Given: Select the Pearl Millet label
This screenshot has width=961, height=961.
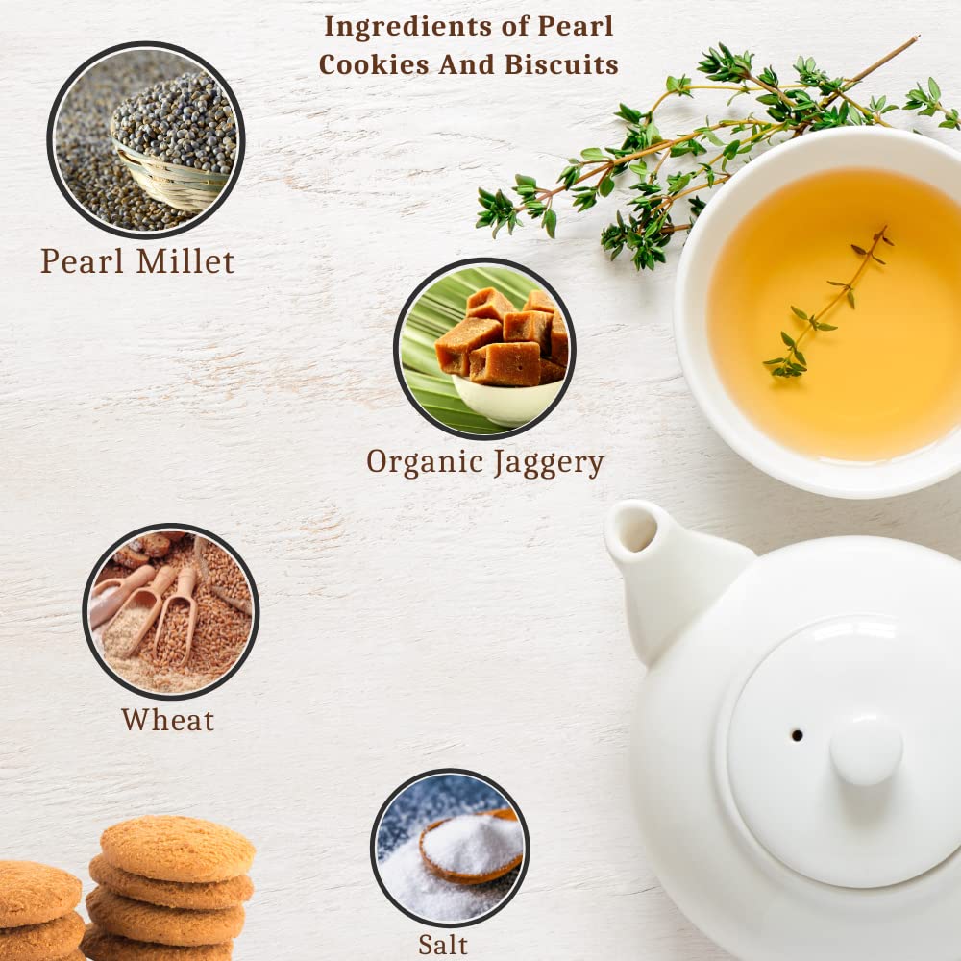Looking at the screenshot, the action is pyautogui.click(x=137, y=261).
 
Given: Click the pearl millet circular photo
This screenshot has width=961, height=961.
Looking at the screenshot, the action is pyautogui.click(x=146, y=140).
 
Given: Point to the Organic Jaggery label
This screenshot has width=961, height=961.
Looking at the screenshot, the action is pyautogui.click(x=484, y=463).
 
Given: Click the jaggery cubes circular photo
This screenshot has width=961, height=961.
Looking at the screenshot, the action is pyautogui.click(x=484, y=349).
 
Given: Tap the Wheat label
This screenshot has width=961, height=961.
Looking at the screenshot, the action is pyautogui.click(x=168, y=720).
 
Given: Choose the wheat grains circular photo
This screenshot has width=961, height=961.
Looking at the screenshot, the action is pyautogui.click(x=171, y=611).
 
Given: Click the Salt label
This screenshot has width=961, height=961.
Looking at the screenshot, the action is pyautogui.click(x=442, y=945).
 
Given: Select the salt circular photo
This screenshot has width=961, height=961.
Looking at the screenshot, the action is pyautogui.click(x=450, y=849).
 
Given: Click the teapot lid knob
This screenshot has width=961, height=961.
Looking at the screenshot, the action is pyautogui.click(x=866, y=749).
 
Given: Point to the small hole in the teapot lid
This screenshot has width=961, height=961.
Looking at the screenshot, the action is pyautogui.click(x=797, y=735).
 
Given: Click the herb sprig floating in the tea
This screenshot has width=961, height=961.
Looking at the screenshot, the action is pyautogui.click(x=827, y=302).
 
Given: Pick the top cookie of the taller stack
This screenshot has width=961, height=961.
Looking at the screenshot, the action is pyautogui.click(x=178, y=849).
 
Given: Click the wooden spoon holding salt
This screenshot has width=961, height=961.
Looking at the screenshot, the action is pyautogui.click(x=471, y=846).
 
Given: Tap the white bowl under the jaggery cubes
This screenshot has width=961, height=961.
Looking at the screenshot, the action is pyautogui.click(x=506, y=400).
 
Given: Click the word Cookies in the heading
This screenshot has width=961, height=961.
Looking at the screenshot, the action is pyautogui.click(x=374, y=64).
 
